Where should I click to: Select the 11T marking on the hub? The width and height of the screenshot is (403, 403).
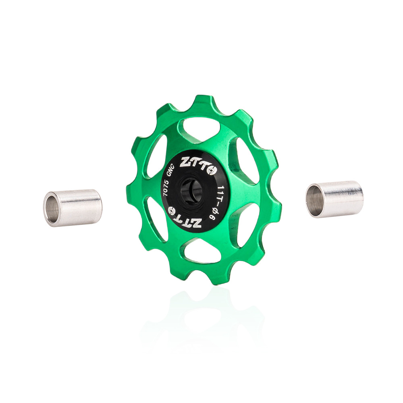(x=220, y=193)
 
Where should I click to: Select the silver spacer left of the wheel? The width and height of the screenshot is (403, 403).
(x=73, y=208)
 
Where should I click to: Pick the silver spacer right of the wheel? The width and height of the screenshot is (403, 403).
(x=334, y=199)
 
